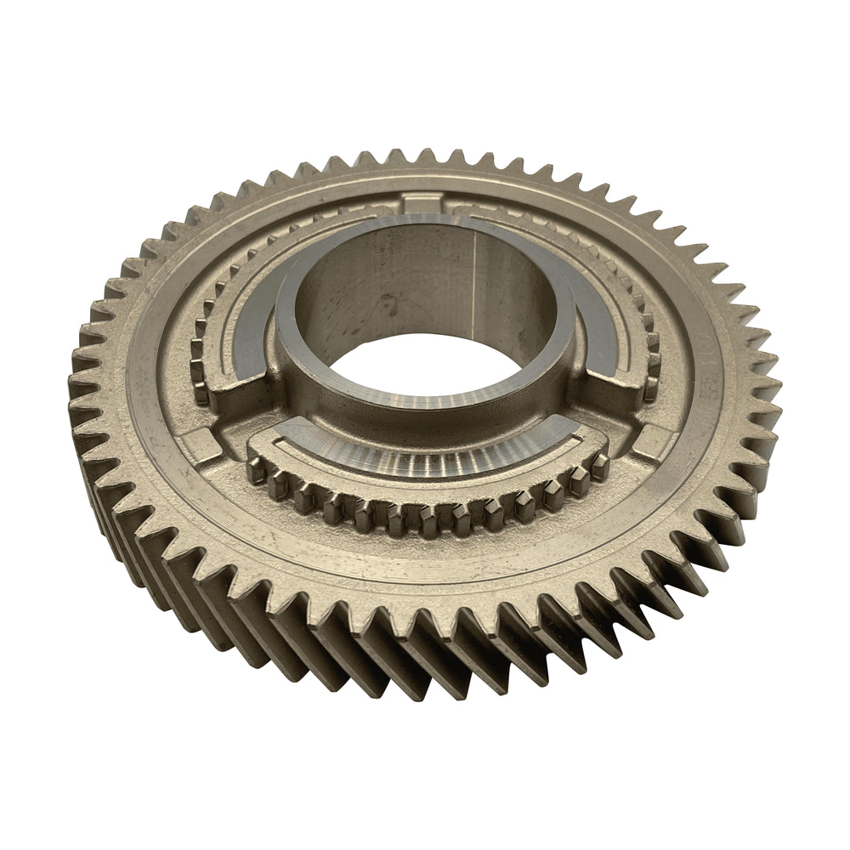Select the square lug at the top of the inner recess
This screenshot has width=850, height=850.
pyautogui.click(x=422, y=203)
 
